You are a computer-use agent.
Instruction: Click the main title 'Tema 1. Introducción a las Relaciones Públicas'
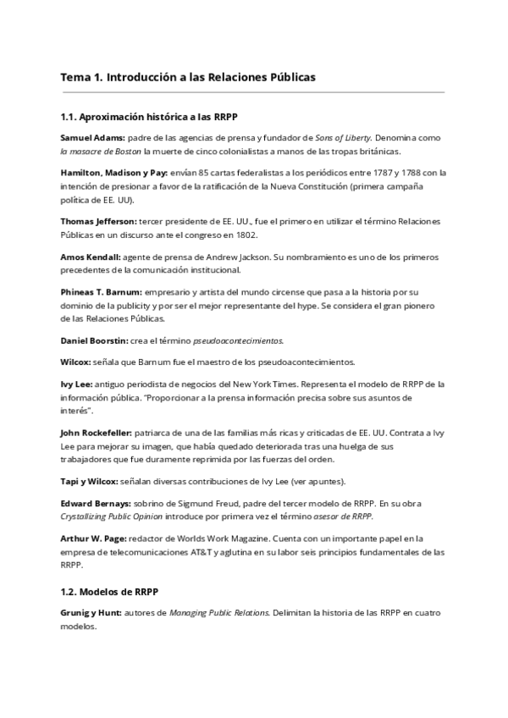click(188, 77)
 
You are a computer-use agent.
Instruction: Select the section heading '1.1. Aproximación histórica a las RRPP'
click(154, 116)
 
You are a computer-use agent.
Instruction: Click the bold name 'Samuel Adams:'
click(91, 137)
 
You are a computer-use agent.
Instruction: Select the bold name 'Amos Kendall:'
click(91, 257)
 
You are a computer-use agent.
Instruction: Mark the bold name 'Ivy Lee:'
click(77, 384)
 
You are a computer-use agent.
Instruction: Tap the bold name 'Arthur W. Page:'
click(94, 538)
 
